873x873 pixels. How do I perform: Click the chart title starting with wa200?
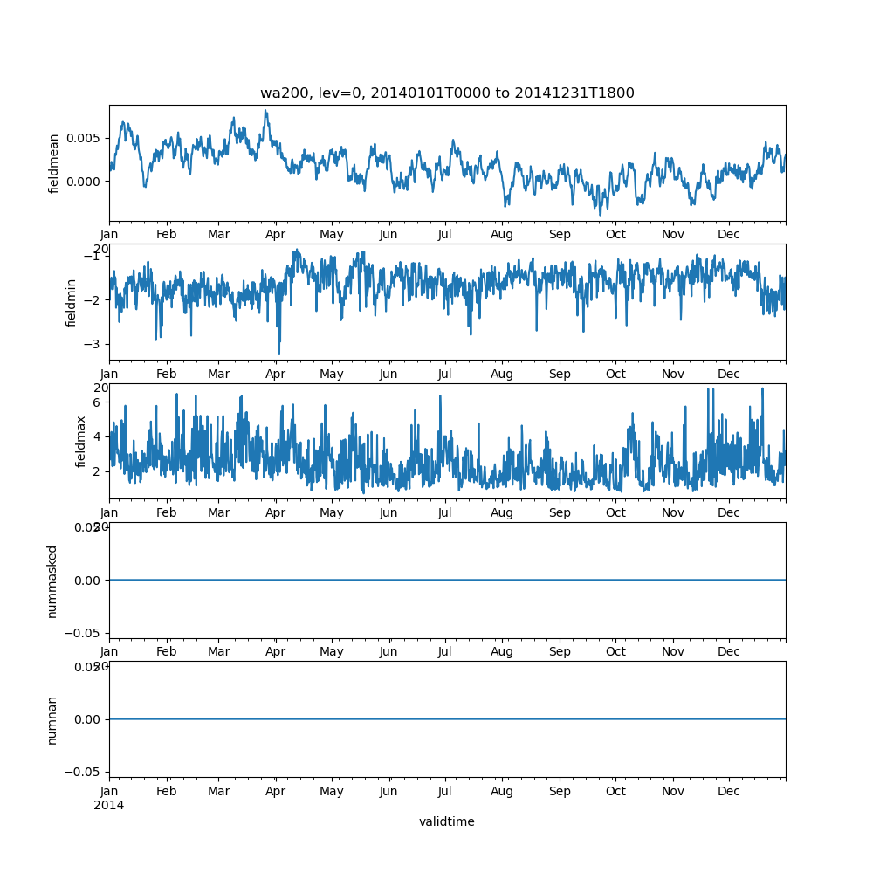447,93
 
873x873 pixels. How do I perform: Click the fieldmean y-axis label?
54,163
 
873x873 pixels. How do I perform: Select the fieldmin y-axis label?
72,302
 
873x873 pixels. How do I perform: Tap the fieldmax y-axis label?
81,441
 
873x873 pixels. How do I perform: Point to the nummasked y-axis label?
52,581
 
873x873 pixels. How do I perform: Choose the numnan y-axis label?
52,719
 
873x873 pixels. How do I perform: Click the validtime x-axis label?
447,821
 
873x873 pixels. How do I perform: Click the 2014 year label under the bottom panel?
109,805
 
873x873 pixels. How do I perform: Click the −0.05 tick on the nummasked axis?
85,632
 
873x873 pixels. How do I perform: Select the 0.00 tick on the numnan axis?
87,719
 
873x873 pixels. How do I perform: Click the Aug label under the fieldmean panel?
502,235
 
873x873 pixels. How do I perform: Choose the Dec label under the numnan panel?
729,791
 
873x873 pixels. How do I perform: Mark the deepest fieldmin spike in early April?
279,354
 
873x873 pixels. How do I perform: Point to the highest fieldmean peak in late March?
265,111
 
